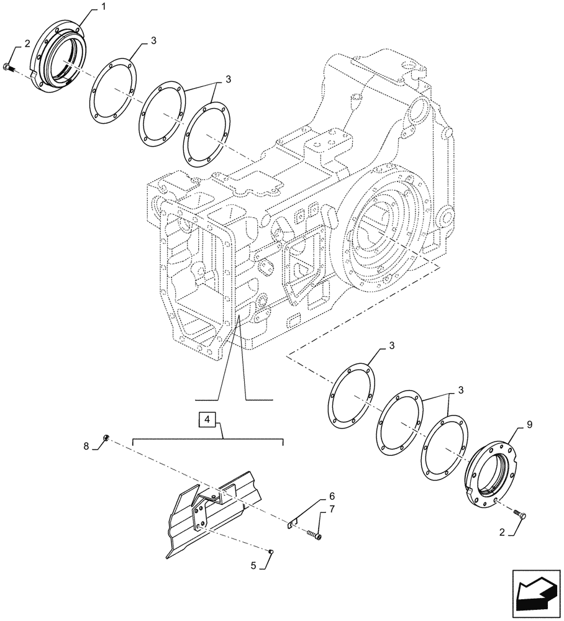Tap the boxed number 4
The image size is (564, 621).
(x=207, y=421)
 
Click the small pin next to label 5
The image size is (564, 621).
(x=271, y=551)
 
